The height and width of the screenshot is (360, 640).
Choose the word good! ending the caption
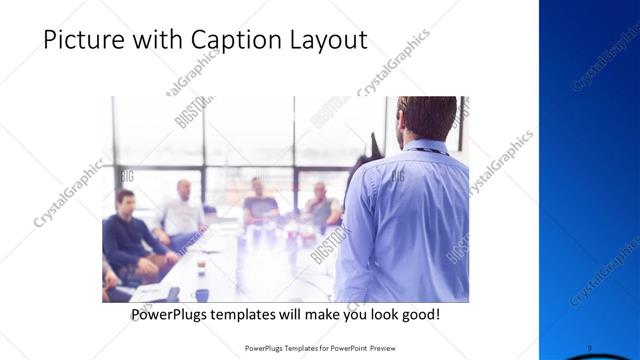(x=418, y=315)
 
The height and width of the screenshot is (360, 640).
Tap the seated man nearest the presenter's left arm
(x=321, y=205)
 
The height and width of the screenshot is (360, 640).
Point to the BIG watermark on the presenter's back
(x=396, y=176)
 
